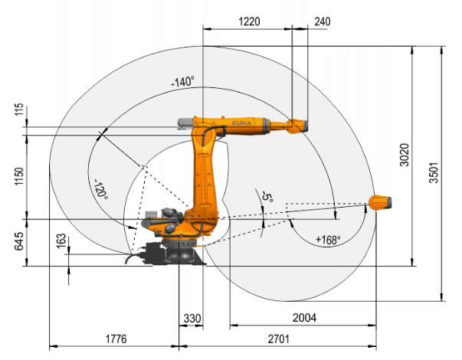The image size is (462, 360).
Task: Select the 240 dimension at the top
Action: pyautogui.click(x=323, y=21)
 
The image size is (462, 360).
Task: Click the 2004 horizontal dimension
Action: pyautogui.click(x=303, y=316)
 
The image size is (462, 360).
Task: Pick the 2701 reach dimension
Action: pyautogui.click(x=279, y=338)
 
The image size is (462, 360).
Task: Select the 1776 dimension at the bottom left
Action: pyautogui.click(x=115, y=338)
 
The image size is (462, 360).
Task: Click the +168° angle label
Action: pyautogui.click(x=328, y=240)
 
